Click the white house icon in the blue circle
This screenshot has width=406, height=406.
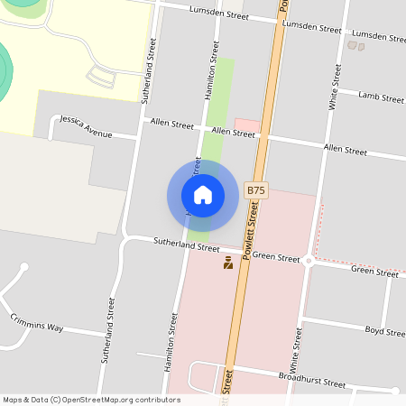[x=203, y=194]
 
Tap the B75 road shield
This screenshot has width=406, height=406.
[x=256, y=190]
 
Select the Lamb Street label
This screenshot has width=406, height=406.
[x=380, y=96]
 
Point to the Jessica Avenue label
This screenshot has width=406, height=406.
[x=86, y=126]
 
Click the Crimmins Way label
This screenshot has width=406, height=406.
[x=37, y=322]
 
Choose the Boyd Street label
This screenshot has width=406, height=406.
[x=385, y=331]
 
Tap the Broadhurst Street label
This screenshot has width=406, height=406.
[x=311, y=379]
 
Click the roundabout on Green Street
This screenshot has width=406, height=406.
[x=309, y=261]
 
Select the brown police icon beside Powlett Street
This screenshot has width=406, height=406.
[x=228, y=263]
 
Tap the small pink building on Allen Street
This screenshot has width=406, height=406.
[x=246, y=125]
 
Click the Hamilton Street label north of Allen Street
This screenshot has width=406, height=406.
[x=213, y=69]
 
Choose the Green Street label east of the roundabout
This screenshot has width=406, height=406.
[x=374, y=271]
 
